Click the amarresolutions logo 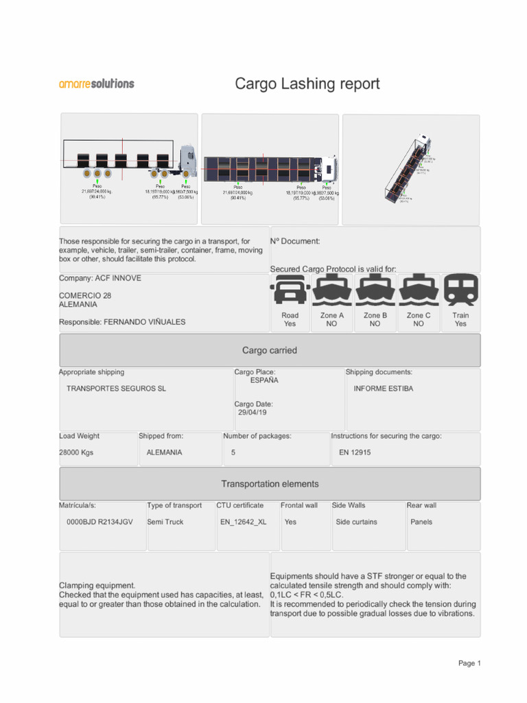[x=97, y=84]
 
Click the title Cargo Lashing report [x=307, y=84]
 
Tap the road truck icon [x=290, y=290]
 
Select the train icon [x=460, y=290]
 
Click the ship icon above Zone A [x=332, y=290]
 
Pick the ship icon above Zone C [x=418, y=290]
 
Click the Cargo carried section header [x=270, y=350]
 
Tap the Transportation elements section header [x=270, y=484]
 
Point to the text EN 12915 [x=355, y=453]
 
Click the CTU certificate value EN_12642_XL [x=243, y=522]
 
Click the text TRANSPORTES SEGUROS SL [x=116, y=389]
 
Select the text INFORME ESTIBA [x=384, y=389]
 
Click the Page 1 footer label [x=469, y=663]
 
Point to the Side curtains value [x=356, y=522]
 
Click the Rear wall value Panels [x=421, y=522]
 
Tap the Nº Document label [x=295, y=241]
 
